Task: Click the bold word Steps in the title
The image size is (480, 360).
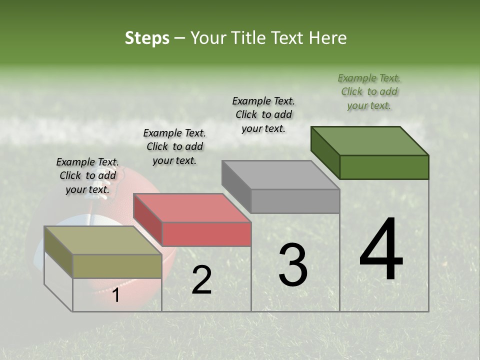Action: (147, 38)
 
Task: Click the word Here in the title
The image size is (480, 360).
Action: (328, 38)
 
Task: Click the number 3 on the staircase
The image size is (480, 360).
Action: (293, 264)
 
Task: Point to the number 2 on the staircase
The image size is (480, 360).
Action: (201, 280)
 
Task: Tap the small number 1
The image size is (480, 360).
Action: (116, 295)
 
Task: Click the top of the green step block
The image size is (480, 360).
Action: (369, 140)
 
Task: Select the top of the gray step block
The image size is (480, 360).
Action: (280, 174)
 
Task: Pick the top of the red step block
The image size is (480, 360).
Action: (191, 207)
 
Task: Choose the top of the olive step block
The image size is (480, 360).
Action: (102, 240)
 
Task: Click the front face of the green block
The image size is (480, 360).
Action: (384, 167)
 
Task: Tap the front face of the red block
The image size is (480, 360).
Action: (206, 234)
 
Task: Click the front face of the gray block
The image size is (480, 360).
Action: (295, 201)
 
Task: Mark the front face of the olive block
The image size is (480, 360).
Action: (117, 266)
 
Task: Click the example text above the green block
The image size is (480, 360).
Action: (369, 91)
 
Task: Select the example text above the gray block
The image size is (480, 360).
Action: (263, 114)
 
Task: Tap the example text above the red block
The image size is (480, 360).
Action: (174, 146)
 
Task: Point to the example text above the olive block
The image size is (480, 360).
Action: (87, 175)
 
